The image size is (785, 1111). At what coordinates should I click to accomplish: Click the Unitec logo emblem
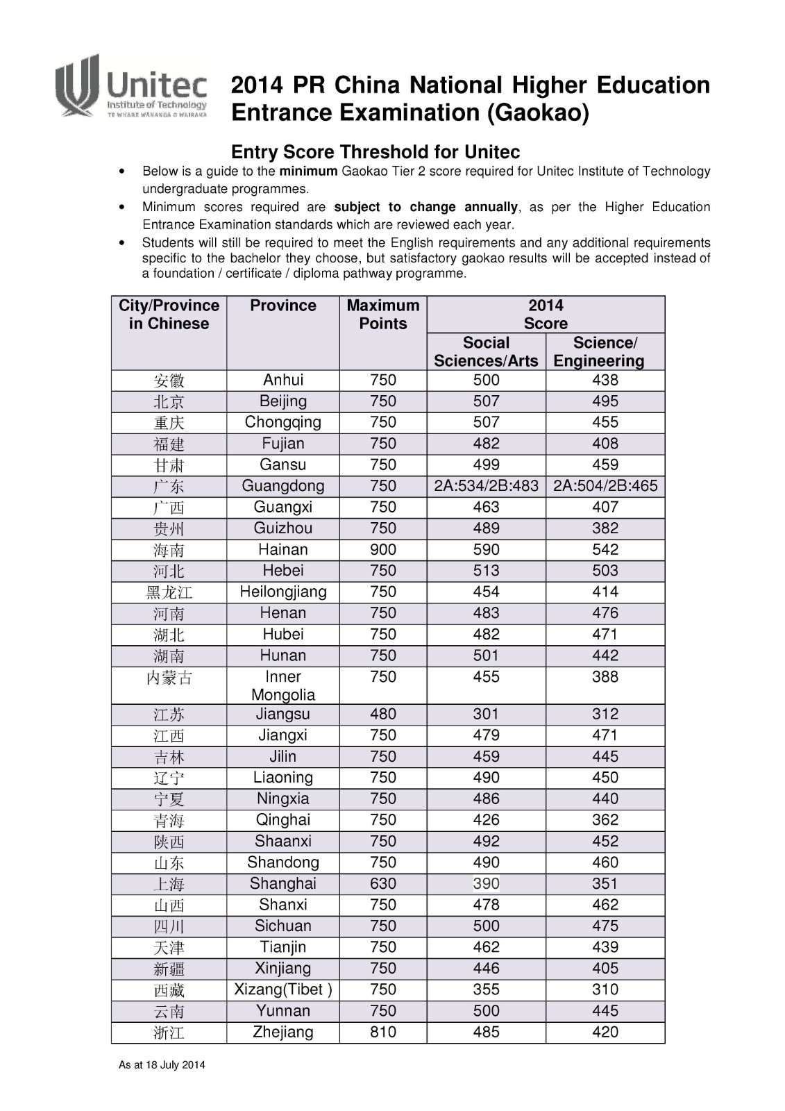point(78,85)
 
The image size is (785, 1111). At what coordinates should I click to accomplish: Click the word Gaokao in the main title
point(538,112)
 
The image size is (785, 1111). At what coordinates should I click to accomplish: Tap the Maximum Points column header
point(383,315)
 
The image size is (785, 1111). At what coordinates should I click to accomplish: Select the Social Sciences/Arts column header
point(486,351)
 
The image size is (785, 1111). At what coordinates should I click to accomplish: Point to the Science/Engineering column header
point(605,351)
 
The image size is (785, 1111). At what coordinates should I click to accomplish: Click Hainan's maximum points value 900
point(383,549)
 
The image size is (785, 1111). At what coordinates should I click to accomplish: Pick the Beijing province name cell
point(283,401)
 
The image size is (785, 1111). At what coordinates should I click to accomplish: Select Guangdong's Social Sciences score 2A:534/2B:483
point(486,486)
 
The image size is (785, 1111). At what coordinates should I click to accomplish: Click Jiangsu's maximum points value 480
point(383,714)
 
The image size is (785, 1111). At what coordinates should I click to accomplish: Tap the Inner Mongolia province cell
point(283,685)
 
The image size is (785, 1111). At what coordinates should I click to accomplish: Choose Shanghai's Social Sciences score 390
point(486,883)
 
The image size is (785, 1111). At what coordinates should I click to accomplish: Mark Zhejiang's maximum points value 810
point(383,1032)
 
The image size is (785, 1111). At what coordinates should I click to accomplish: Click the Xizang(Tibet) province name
point(283,989)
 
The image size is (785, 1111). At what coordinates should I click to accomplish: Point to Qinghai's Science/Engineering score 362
point(605,820)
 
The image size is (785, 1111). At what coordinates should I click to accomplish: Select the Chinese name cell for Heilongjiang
point(169,592)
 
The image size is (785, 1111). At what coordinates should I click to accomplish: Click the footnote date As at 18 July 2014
point(162,1065)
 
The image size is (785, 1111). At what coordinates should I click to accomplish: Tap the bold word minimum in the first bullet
point(308,172)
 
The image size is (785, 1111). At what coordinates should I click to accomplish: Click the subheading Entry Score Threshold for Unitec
point(375,152)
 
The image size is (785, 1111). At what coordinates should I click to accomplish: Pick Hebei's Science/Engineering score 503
point(605,571)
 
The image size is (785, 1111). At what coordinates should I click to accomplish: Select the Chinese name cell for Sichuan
point(169,926)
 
